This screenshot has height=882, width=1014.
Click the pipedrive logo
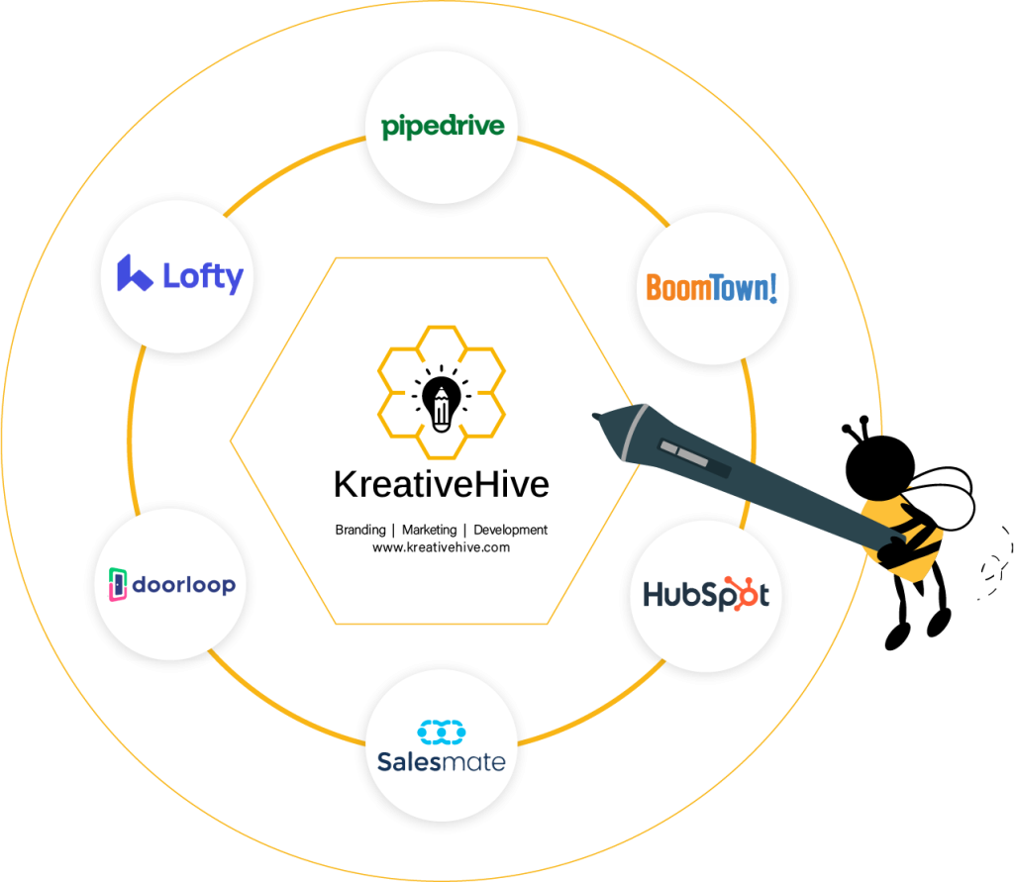coord(443,127)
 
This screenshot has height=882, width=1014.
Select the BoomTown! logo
coord(711,287)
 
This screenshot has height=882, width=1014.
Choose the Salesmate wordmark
coord(441,761)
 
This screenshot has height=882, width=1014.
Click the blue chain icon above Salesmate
coord(442,732)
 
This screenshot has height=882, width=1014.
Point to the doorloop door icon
coord(118,584)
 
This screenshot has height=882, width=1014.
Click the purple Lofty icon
coord(133,274)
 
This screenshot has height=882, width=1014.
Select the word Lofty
coord(202,276)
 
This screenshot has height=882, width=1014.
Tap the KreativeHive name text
coord(441,485)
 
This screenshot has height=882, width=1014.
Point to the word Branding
coord(359,531)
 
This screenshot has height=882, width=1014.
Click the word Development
coord(510,531)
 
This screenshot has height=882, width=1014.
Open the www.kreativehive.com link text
coord(441,546)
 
